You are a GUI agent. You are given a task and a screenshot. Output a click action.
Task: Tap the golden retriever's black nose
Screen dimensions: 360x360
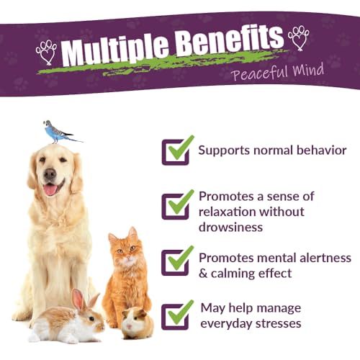pos(50,174)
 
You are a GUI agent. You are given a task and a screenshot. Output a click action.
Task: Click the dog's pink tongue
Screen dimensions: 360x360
pos(50,189)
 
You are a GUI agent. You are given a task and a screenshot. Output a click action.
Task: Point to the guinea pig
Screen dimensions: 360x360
pos(138,323)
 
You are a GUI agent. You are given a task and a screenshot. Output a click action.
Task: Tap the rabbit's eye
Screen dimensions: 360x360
pos(91,319)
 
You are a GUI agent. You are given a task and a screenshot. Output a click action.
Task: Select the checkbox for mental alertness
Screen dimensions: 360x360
pos(176,262)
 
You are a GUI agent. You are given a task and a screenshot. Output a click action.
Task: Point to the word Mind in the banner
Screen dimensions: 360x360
pos(308,70)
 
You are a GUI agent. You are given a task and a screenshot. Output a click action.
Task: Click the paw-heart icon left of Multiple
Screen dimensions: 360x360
pos(47,53)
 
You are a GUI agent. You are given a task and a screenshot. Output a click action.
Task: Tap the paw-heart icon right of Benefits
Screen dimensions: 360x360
pos(299,38)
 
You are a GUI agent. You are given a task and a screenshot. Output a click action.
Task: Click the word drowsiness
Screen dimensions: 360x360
pos(230,227)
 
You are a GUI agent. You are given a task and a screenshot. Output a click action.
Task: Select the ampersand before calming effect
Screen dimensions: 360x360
pos(203,274)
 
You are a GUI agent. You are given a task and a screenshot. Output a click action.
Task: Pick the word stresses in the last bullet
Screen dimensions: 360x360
pos(279,323)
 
